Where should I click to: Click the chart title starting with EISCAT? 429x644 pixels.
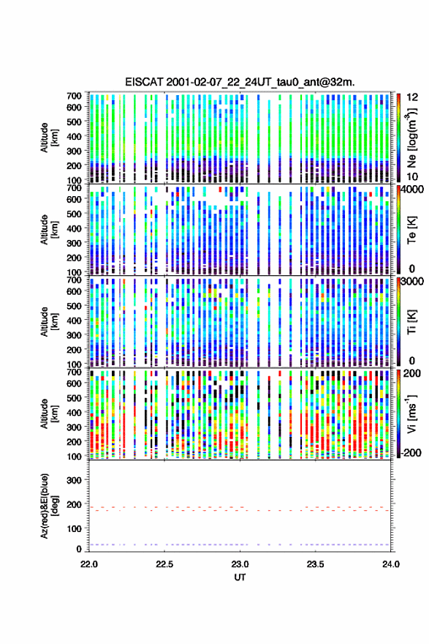(x=240, y=82)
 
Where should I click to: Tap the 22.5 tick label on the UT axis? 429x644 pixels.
(x=164, y=564)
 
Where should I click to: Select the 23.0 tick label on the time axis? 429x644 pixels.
(x=240, y=564)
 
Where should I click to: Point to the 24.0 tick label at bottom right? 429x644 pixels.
(x=390, y=564)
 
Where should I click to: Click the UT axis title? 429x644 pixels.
(x=240, y=577)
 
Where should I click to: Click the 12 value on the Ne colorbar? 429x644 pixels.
(x=412, y=97)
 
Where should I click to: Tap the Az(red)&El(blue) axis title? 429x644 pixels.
(x=49, y=506)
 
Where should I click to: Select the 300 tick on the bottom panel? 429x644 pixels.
(x=74, y=480)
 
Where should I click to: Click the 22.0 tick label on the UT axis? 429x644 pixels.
(x=88, y=564)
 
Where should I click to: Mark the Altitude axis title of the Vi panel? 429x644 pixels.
(x=49, y=413)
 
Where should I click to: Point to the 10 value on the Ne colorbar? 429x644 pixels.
(x=412, y=176)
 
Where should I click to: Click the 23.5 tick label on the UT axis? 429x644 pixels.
(x=316, y=564)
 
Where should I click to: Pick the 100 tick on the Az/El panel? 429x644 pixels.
(x=74, y=528)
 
